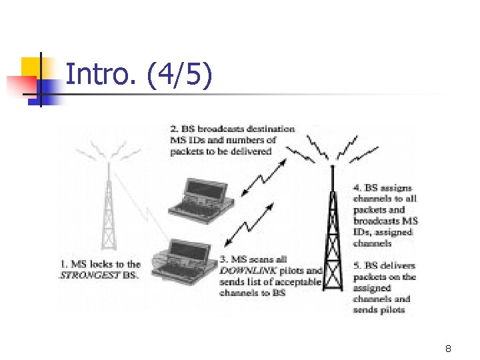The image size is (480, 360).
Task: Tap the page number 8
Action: (x=449, y=349)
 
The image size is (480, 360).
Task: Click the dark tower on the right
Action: (x=332, y=233)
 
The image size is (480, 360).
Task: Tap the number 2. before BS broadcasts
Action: (x=174, y=129)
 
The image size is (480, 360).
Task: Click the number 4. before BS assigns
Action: (x=357, y=189)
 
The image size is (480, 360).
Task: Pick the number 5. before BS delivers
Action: (x=357, y=266)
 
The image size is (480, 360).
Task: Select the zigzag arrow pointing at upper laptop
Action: (x=261, y=180)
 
